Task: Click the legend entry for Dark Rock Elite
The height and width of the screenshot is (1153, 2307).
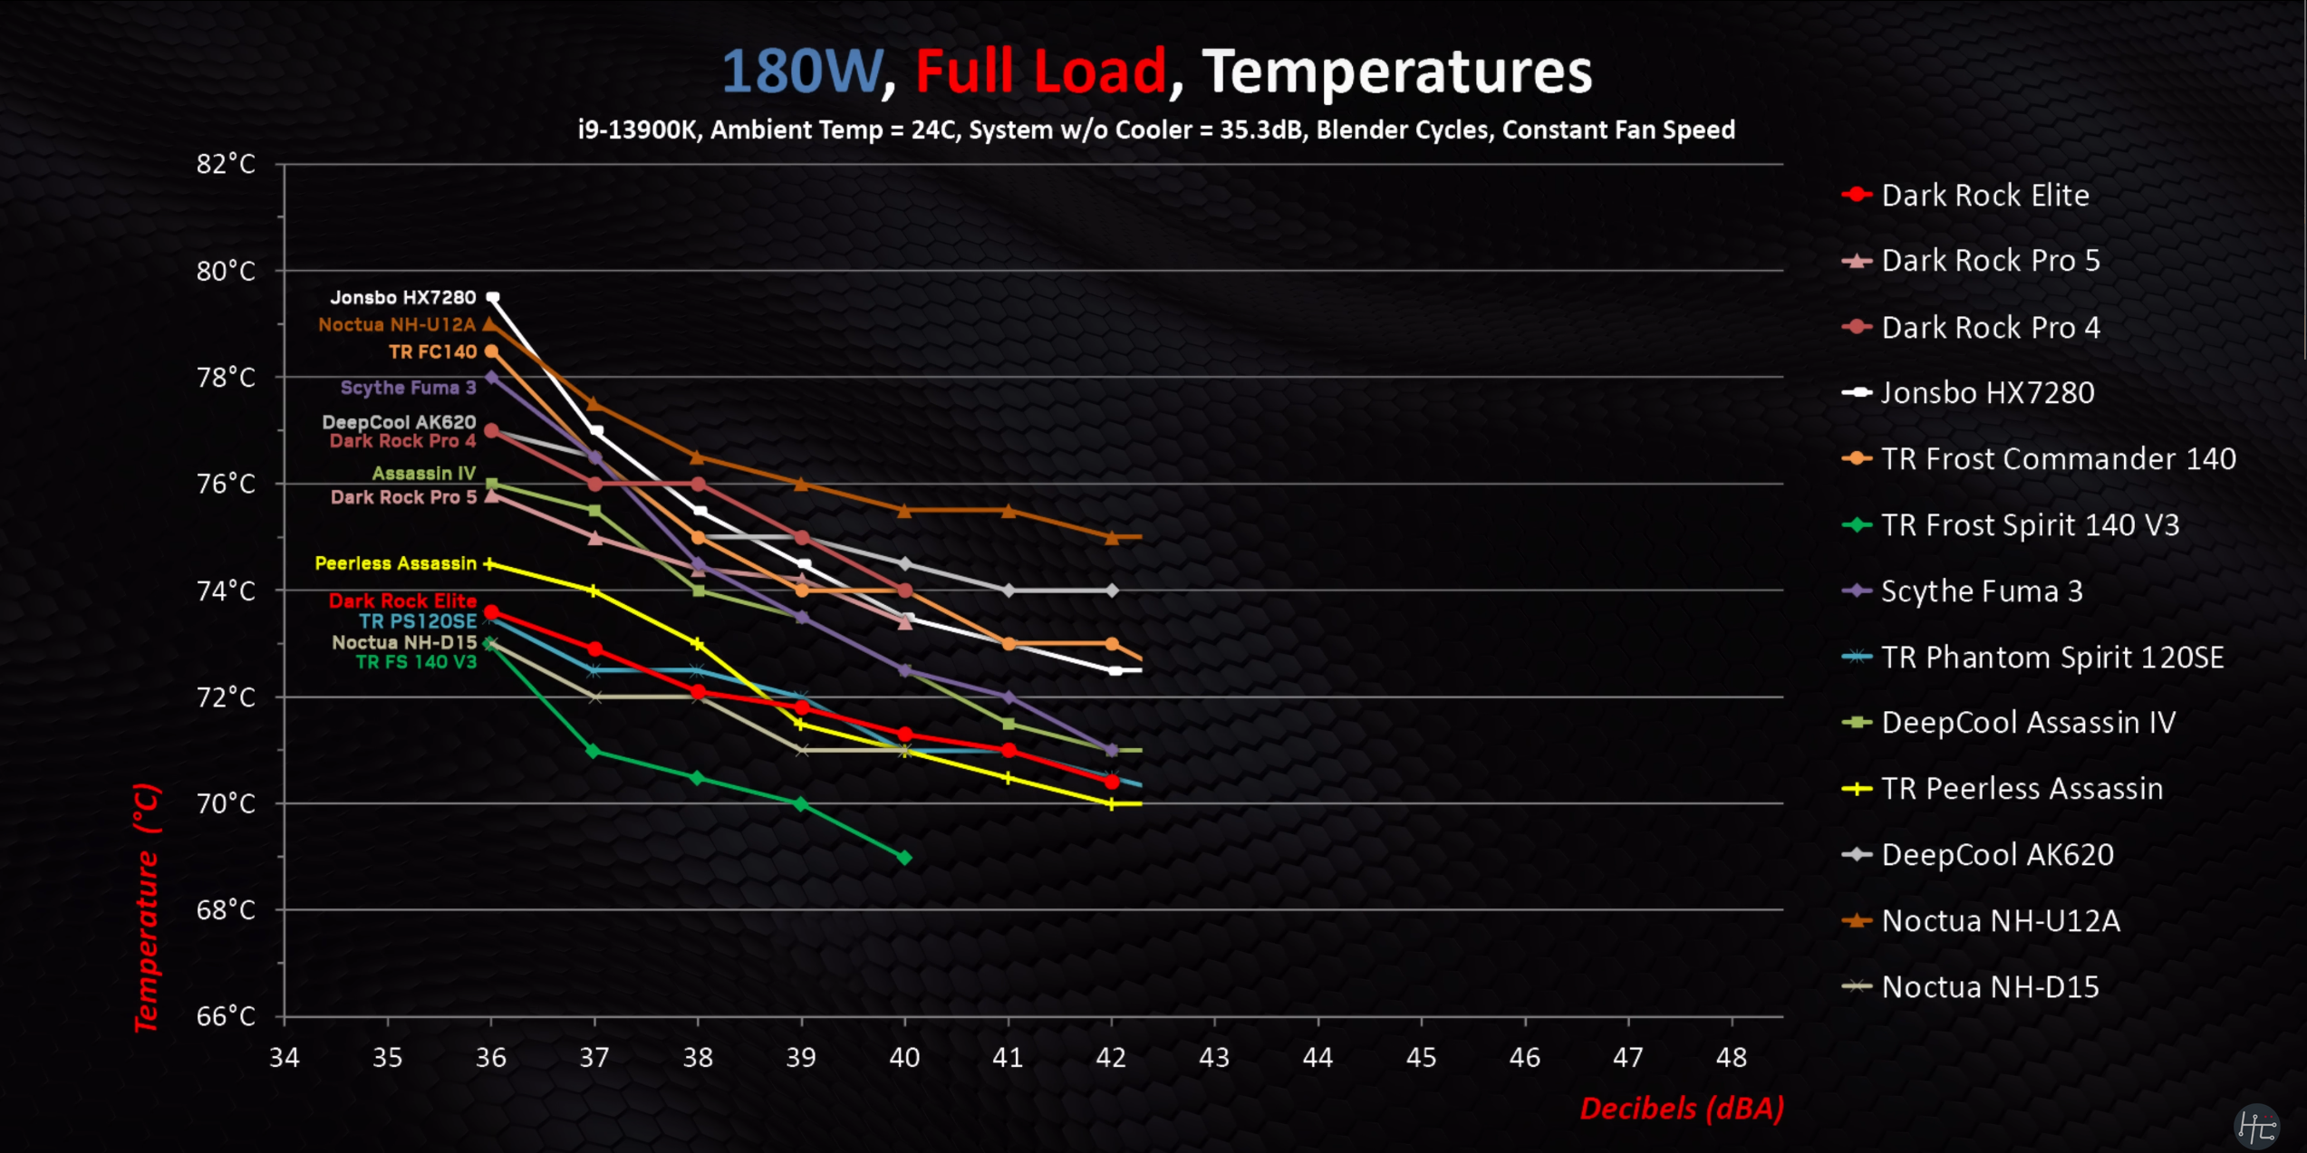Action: coord(1984,195)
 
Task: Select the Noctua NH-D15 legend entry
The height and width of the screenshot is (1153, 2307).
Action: coord(1990,986)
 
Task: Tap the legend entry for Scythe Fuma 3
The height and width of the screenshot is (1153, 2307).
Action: coord(1982,591)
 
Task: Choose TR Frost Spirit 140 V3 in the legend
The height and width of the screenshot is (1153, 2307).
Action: coord(2030,524)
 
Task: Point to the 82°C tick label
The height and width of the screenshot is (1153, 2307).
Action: coord(226,164)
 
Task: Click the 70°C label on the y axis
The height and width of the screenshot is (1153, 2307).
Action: coord(226,803)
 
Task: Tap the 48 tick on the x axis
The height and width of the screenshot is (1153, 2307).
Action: coord(1732,1057)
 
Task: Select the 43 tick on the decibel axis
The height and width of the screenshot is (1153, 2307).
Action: coord(1214,1057)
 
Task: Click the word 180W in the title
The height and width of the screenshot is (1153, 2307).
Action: coord(801,72)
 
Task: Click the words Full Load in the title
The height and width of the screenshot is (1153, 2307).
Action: coord(1040,72)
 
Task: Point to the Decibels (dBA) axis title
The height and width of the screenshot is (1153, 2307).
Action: coord(1682,1109)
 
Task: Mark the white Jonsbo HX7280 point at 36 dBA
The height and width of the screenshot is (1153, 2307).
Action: coord(493,297)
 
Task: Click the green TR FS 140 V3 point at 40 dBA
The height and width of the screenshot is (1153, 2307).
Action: coord(904,857)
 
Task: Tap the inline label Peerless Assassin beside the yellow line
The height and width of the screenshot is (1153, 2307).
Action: coord(395,563)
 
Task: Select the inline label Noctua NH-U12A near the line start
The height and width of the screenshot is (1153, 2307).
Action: coord(397,324)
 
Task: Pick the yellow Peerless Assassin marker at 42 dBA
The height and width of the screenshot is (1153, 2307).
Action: coord(1112,804)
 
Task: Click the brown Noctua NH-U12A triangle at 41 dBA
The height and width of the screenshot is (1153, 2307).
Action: coord(1009,511)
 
